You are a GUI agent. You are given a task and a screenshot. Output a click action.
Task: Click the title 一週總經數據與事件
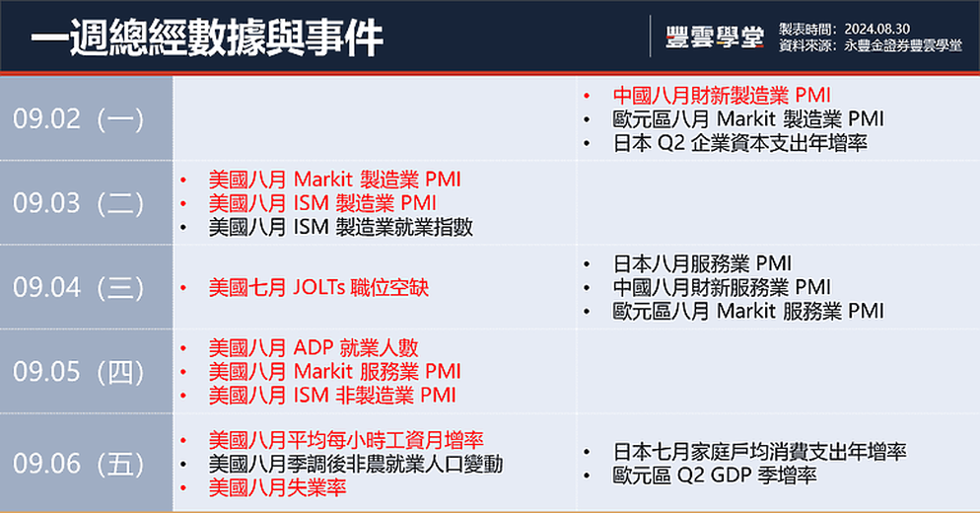(x=207, y=37)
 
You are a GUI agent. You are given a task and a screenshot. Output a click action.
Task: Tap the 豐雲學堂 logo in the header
(x=715, y=37)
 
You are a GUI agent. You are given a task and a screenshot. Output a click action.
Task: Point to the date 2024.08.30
(x=876, y=29)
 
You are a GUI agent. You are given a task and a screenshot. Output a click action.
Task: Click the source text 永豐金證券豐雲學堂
(x=902, y=45)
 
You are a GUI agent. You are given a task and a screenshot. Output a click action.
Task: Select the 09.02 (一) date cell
(x=86, y=118)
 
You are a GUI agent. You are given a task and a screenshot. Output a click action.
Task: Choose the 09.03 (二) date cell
(x=86, y=202)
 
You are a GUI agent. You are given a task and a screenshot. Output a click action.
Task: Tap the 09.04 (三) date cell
(x=86, y=287)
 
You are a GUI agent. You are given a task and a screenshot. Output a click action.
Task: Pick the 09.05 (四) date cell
(x=86, y=372)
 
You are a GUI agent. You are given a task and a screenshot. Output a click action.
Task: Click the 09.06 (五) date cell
(x=86, y=463)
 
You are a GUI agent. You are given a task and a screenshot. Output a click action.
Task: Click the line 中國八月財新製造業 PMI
(x=722, y=95)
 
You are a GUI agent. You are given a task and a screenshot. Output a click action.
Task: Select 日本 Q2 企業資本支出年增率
(x=740, y=143)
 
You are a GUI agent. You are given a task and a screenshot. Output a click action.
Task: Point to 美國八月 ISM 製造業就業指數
(x=340, y=227)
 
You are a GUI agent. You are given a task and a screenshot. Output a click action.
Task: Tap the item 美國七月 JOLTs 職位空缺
(x=318, y=287)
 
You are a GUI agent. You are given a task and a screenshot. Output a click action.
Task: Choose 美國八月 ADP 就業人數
(x=314, y=347)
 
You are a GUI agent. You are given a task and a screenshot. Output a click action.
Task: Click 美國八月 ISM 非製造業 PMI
(x=332, y=395)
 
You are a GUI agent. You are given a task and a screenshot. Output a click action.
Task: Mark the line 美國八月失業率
(x=277, y=487)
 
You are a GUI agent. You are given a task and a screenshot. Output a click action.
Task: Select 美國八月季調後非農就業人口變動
(x=356, y=464)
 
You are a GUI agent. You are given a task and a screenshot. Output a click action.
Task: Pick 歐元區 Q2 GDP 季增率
(x=715, y=475)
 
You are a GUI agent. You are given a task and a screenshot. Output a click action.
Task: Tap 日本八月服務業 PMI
(x=702, y=263)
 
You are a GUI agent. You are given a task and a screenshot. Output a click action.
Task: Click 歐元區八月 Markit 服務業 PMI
(x=748, y=311)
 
